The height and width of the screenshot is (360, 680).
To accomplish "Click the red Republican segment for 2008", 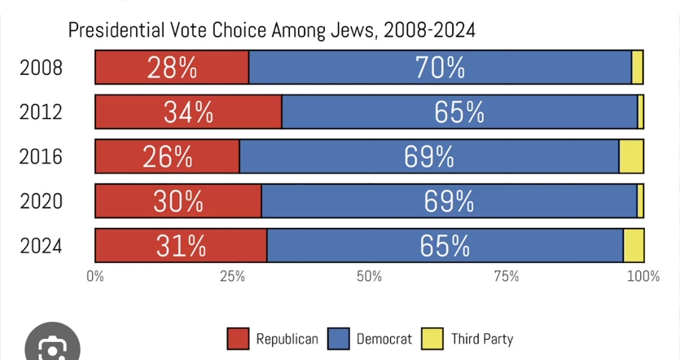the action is (x=172, y=68).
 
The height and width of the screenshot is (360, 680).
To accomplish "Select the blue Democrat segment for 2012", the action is (x=459, y=112).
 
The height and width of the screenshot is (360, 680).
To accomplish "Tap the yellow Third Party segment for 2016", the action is (x=631, y=156).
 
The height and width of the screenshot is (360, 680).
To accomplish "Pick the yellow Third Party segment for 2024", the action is (x=634, y=245).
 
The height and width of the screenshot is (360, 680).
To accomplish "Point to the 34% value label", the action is (x=188, y=112).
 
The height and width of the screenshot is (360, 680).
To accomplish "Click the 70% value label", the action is (x=440, y=68).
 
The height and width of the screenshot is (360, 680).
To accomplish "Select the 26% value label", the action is (x=168, y=157).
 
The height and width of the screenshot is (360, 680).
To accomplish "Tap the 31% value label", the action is (x=181, y=246).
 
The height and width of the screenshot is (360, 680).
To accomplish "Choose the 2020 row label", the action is (x=42, y=202).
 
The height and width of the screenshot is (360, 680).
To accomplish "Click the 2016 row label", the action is (x=42, y=156).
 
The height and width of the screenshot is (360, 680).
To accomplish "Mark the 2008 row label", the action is (x=42, y=68).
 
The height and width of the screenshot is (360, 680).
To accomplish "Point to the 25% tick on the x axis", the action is (x=232, y=276).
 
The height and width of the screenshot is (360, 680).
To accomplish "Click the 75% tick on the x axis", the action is (x=507, y=276).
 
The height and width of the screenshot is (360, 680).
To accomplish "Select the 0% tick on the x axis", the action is (x=95, y=276).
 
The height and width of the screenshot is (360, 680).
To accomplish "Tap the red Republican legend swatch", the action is (x=238, y=339).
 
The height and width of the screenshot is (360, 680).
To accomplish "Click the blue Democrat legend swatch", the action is (x=338, y=339).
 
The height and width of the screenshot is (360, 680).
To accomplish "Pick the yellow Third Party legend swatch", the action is (x=432, y=339).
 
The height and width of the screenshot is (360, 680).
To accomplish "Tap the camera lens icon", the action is (x=52, y=345).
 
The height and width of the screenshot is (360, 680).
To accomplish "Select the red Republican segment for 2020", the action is (x=178, y=201).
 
